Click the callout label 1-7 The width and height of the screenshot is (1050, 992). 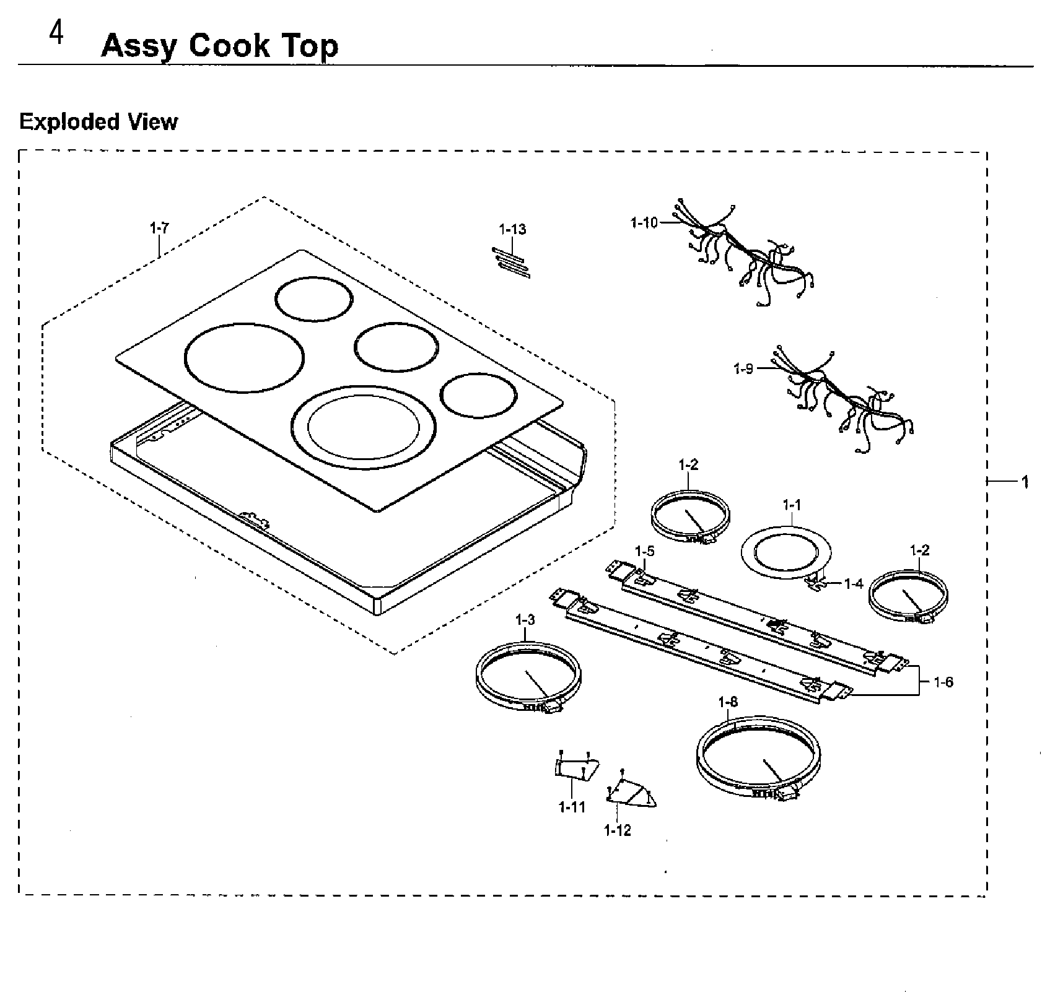pyautogui.click(x=159, y=228)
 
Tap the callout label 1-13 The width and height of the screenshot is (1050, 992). pyautogui.click(x=512, y=230)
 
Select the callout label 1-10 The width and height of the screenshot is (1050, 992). pyautogui.click(x=644, y=222)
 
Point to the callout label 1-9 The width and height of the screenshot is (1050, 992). pyautogui.click(x=743, y=369)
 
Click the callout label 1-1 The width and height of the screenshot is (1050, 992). pyautogui.click(x=791, y=506)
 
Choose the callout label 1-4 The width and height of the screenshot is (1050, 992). pyautogui.click(x=853, y=584)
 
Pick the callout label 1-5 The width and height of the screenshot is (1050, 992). pyautogui.click(x=644, y=551)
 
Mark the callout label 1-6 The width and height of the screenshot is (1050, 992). pyautogui.click(x=943, y=682)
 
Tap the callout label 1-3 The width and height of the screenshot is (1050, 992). pyautogui.click(x=525, y=620)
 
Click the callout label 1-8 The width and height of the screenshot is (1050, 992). pyautogui.click(x=728, y=702)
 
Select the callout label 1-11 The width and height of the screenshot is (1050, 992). pyautogui.click(x=571, y=807)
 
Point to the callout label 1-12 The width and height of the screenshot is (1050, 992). pyautogui.click(x=618, y=830)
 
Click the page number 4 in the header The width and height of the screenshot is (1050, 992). pyautogui.click(x=56, y=35)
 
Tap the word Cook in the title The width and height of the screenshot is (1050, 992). pyautogui.click(x=228, y=46)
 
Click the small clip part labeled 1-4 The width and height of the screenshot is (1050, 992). pyautogui.click(x=817, y=583)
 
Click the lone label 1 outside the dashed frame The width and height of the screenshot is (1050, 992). pyautogui.click(x=1025, y=482)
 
